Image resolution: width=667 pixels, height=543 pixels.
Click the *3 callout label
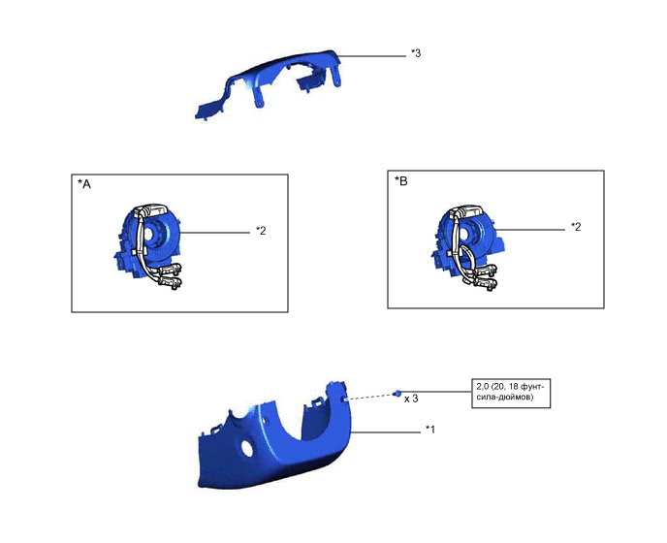[416, 53]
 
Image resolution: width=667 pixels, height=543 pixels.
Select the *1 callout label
[430, 430]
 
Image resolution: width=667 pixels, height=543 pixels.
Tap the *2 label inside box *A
[261, 231]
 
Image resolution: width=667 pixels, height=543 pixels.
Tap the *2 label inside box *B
[576, 227]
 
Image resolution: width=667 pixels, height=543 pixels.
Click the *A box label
[84, 184]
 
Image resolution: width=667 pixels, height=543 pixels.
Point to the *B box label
[401, 181]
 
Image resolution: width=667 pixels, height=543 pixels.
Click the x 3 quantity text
[411, 399]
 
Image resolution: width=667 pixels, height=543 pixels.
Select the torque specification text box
[511, 394]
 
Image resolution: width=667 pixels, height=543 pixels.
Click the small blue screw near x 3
[397, 394]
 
